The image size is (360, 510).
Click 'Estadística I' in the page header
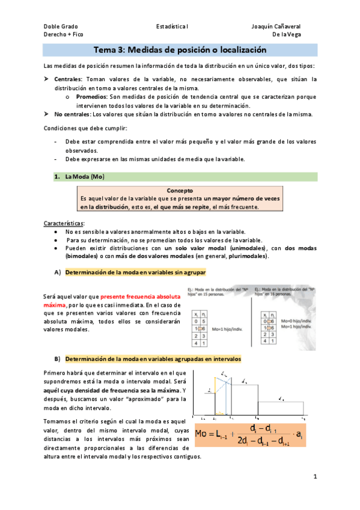[x=172, y=26]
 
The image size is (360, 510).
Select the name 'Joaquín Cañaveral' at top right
[x=276, y=26]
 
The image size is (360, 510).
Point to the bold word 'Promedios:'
[x=91, y=96]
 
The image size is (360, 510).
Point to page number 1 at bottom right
[x=315, y=477]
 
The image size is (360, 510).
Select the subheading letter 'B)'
[x=57, y=359]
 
